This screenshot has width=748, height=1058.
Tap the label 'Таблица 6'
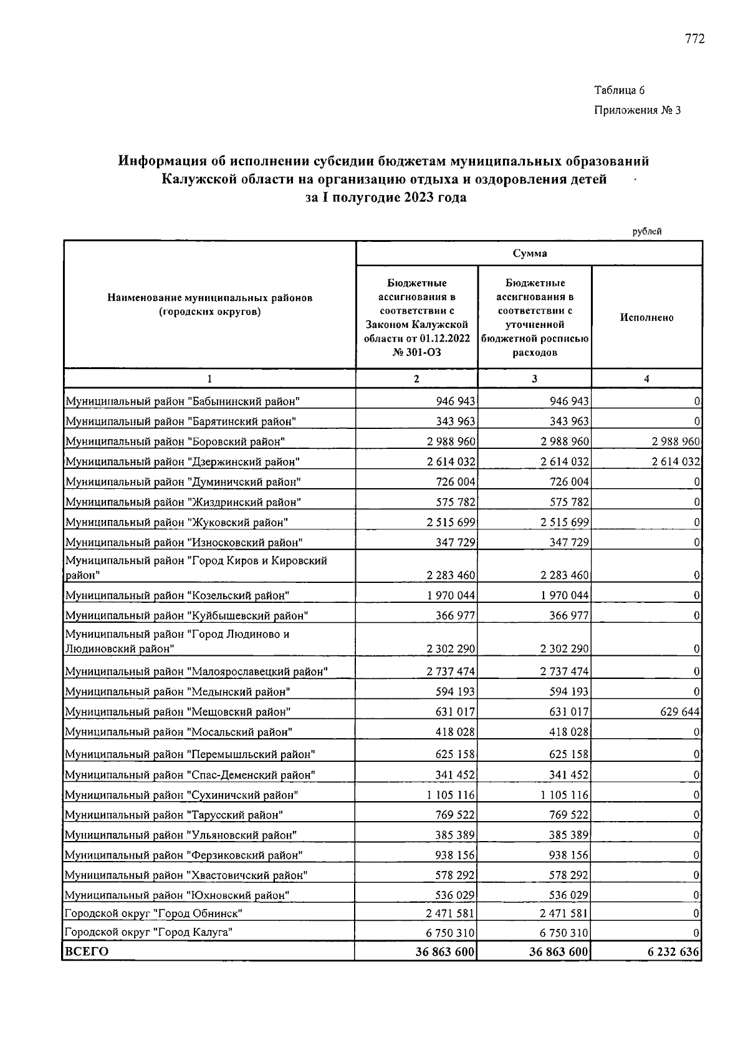click(619, 90)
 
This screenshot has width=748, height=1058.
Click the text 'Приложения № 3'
click(638, 110)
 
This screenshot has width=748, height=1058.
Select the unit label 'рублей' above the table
click(647, 231)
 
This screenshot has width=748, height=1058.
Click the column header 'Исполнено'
click(646, 317)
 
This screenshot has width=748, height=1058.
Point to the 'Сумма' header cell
click(529, 253)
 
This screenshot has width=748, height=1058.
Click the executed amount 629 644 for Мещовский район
click(680, 712)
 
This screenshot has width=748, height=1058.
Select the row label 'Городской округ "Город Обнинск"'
click(153, 913)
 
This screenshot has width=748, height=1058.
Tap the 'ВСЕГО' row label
click(87, 951)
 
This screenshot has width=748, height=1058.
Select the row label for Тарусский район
click(174, 815)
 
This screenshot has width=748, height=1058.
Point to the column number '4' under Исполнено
click(646, 378)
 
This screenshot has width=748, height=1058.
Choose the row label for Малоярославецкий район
click(196, 671)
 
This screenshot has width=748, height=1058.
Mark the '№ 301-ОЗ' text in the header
click(416, 352)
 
